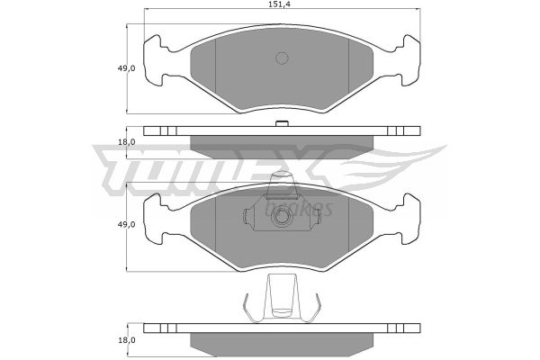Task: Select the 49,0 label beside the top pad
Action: pyautogui.click(x=126, y=68)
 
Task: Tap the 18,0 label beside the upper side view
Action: pyautogui.click(x=126, y=142)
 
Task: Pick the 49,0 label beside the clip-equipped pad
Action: pyautogui.click(x=126, y=224)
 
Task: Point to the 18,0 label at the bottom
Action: pyautogui.click(x=126, y=340)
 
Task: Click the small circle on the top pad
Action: pyautogui.click(x=282, y=58)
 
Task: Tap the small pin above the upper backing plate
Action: pyautogui.click(x=282, y=123)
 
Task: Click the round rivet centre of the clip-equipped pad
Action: pyautogui.click(x=282, y=216)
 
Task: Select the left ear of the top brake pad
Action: pyautogui.click(x=153, y=60)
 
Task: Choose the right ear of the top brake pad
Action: pyautogui.click(x=410, y=60)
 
